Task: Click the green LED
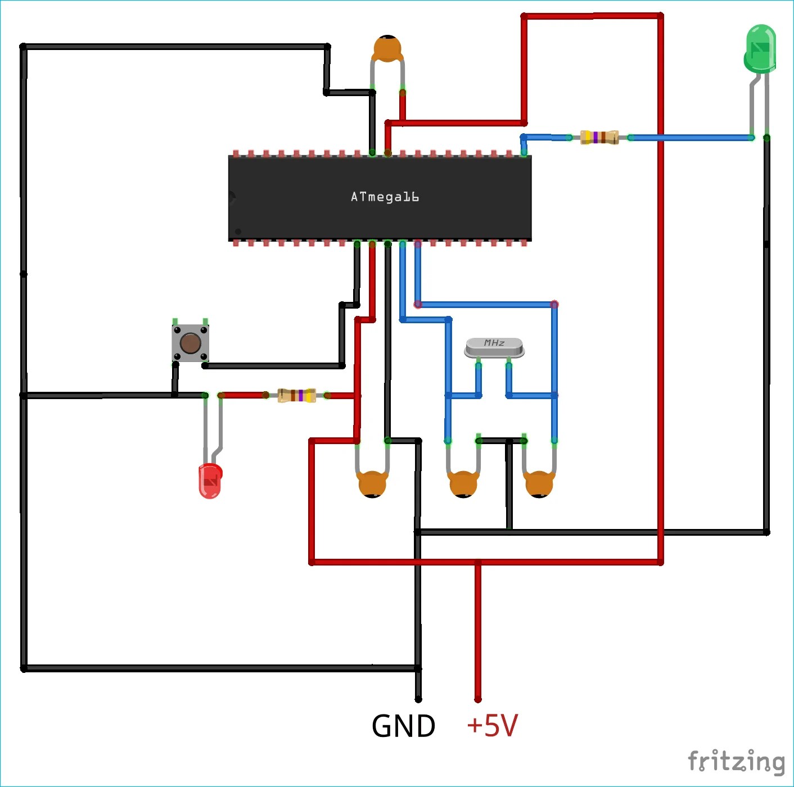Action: [760, 49]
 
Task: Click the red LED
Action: [210, 481]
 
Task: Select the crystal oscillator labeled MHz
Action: [494, 347]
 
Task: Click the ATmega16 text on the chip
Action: [385, 197]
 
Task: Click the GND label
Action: [403, 726]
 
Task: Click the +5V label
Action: [492, 725]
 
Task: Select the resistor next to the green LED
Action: [599, 137]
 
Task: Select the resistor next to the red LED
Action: [297, 395]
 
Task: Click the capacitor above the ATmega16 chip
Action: [387, 48]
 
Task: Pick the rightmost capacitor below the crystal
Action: [539, 484]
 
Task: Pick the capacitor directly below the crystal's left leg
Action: [463, 484]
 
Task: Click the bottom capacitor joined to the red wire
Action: [372, 484]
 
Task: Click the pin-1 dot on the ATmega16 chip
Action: [238, 232]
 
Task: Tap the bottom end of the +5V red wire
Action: [478, 699]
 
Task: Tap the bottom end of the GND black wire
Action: [418, 699]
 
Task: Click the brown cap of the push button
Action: [190, 343]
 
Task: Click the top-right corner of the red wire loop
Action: [660, 16]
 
